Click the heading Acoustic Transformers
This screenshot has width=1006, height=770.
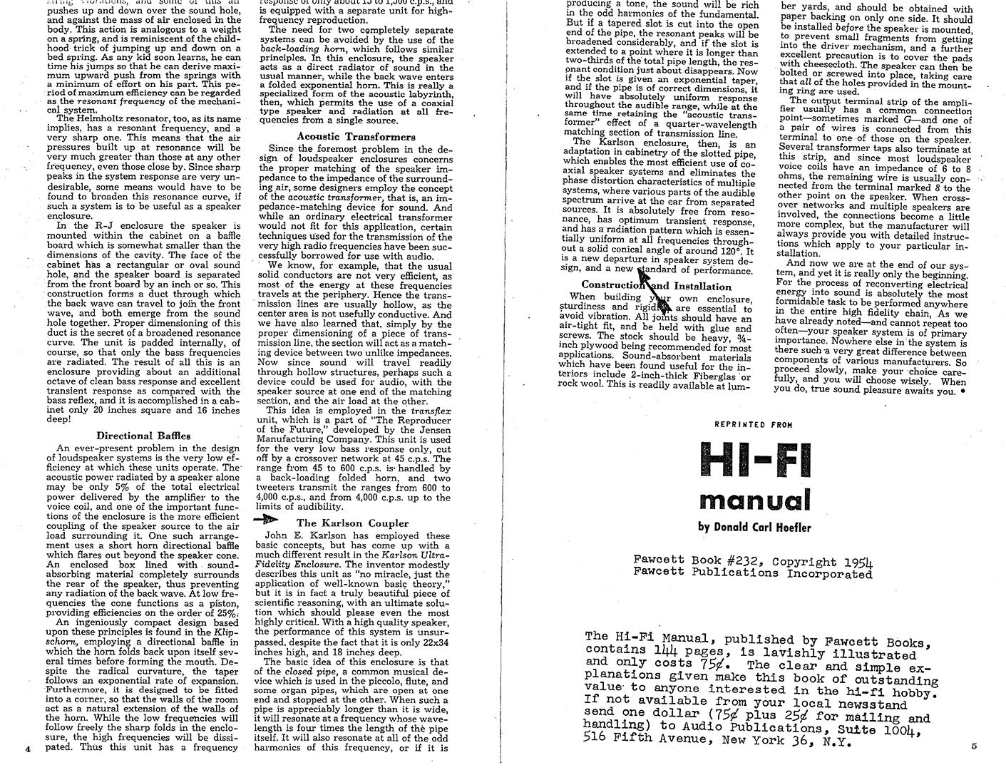coord(356,136)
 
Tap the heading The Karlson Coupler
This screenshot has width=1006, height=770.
coord(352,523)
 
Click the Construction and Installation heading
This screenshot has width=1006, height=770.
coord(656,286)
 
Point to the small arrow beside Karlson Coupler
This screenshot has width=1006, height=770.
coord(267,521)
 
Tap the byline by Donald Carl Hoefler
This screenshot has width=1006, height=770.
coord(755,528)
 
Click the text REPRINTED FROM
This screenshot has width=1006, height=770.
coord(754,424)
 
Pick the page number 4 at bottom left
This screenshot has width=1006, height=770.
coord(26,749)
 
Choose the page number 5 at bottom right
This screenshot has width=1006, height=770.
coord(975,746)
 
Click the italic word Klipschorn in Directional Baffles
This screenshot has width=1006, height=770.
coord(228,632)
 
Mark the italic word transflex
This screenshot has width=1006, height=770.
coord(430,411)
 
